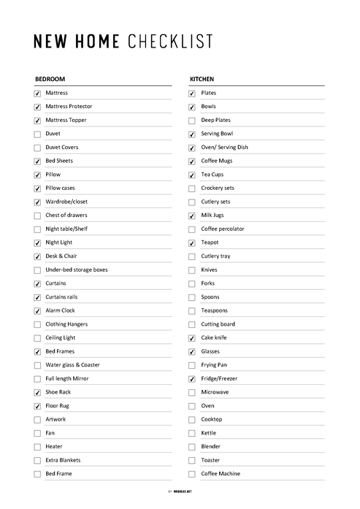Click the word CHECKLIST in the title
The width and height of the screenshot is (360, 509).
coord(170,42)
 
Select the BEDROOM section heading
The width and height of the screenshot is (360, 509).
coord(50,79)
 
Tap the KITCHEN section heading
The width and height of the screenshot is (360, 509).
coord(202,79)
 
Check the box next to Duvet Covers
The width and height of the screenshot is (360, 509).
coord(37,148)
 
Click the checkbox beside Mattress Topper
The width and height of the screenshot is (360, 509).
coord(37,120)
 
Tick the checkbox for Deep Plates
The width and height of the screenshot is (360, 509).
coord(192,120)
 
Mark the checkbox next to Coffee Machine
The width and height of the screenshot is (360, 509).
coord(192,474)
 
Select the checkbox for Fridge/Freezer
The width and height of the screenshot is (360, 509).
coord(192,379)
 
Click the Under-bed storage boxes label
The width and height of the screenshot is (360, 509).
coord(76,269)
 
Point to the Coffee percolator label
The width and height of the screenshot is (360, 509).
coord(223,229)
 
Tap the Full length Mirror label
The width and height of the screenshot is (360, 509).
coord(67,378)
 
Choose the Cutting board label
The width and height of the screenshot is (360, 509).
coord(218,324)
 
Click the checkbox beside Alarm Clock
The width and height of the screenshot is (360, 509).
coord(37,311)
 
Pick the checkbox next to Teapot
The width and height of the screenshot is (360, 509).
coord(192,243)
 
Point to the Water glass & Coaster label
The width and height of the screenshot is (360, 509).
coord(72,365)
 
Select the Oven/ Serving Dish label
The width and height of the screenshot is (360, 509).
coord(224,148)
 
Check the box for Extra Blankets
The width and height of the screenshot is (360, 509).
coord(37,461)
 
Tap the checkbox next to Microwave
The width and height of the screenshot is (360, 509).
coord(192,392)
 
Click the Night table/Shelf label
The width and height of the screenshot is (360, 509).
coord(66,229)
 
